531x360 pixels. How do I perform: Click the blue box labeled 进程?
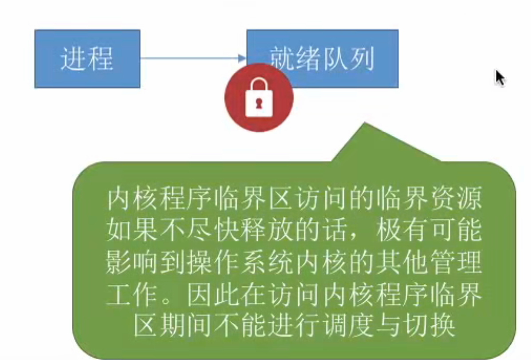click(x=87, y=58)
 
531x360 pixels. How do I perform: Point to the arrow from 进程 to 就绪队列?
click(x=193, y=58)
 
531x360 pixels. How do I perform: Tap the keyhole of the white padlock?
click(x=259, y=103)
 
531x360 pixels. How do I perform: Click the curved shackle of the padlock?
click(x=259, y=85)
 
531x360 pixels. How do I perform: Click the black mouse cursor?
click(x=500, y=78)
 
